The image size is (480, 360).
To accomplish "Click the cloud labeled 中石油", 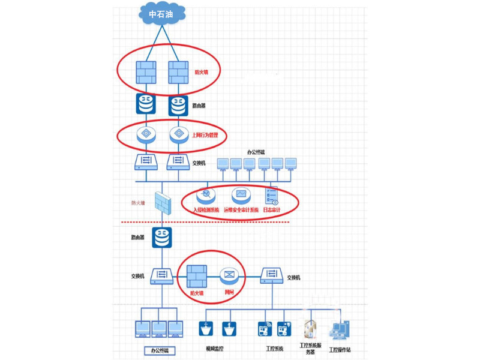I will [x=161, y=14].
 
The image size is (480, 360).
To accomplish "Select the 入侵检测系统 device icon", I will [x=206, y=194].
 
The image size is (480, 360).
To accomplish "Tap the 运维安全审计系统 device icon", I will [x=241, y=194].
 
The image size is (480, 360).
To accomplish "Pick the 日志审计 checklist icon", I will [x=271, y=196].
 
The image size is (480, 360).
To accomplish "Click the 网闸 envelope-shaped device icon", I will [x=229, y=276].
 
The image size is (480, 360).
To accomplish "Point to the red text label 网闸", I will [x=229, y=293].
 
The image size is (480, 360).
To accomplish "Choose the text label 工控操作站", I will [x=340, y=349].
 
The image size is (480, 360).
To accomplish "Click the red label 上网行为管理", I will [x=205, y=136].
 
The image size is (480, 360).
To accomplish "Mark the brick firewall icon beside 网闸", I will [x=197, y=276].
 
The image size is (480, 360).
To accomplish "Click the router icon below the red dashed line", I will [x=161, y=238].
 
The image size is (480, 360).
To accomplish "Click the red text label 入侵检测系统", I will [x=206, y=210].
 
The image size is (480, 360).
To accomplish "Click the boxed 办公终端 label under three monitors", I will [x=159, y=350].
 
